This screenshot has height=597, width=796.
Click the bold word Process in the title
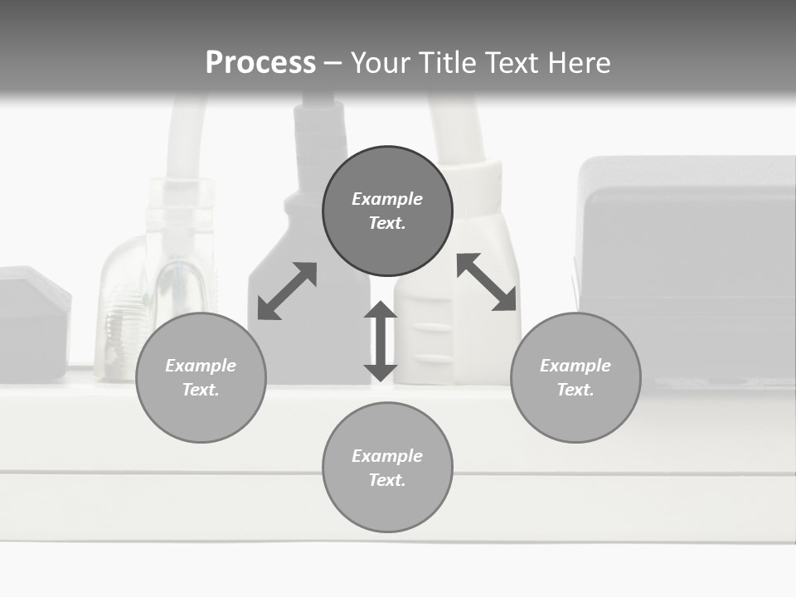click(260, 63)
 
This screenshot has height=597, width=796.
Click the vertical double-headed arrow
click(381, 342)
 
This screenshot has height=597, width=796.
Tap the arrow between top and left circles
click(287, 291)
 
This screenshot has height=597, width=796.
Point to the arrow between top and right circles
click(487, 282)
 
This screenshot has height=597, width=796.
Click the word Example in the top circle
click(387, 199)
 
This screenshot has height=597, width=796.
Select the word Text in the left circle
click(201, 390)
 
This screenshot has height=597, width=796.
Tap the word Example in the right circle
click(575, 366)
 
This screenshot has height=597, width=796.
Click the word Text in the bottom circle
click(387, 480)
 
